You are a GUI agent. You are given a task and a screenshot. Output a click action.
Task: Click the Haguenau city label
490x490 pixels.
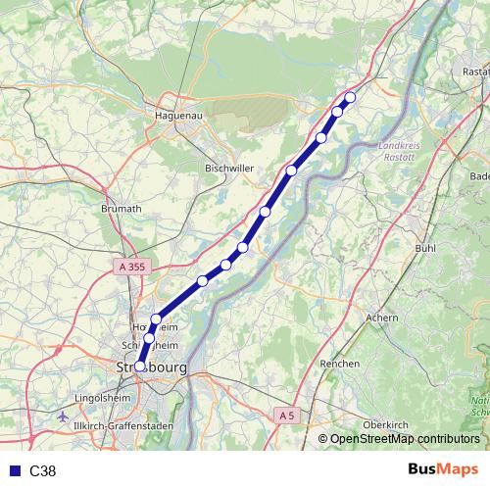click(x=178, y=116)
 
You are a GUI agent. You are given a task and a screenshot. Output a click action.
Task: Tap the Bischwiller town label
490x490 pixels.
click(x=230, y=169)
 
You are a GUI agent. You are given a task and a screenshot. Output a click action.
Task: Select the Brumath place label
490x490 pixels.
click(x=122, y=209)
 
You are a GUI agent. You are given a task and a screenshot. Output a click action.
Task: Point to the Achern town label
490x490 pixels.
click(x=381, y=318)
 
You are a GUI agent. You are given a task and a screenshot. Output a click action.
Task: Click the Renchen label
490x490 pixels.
click(x=339, y=364)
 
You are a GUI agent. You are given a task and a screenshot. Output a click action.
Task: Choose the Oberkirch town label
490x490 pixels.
click(x=386, y=424)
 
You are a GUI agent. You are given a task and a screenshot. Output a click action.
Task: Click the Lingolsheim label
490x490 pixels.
click(x=102, y=400)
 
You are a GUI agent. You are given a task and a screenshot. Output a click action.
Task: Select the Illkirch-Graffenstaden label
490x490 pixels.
click(x=127, y=426)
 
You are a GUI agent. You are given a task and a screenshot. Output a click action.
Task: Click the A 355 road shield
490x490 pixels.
click(x=130, y=266)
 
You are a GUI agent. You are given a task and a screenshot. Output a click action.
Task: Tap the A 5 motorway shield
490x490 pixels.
click(x=285, y=416)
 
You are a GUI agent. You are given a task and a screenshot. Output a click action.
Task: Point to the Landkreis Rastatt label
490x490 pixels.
click(x=398, y=154)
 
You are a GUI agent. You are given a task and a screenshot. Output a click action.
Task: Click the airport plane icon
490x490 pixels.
click(x=65, y=416)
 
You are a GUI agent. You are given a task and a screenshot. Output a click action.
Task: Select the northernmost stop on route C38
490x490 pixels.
click(x=350, y=96)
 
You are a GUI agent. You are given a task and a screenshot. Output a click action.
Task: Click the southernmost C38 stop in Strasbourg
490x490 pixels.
click(x=139, y=366)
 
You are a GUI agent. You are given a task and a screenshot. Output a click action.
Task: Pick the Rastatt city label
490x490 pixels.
click(x=475, y=73)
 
